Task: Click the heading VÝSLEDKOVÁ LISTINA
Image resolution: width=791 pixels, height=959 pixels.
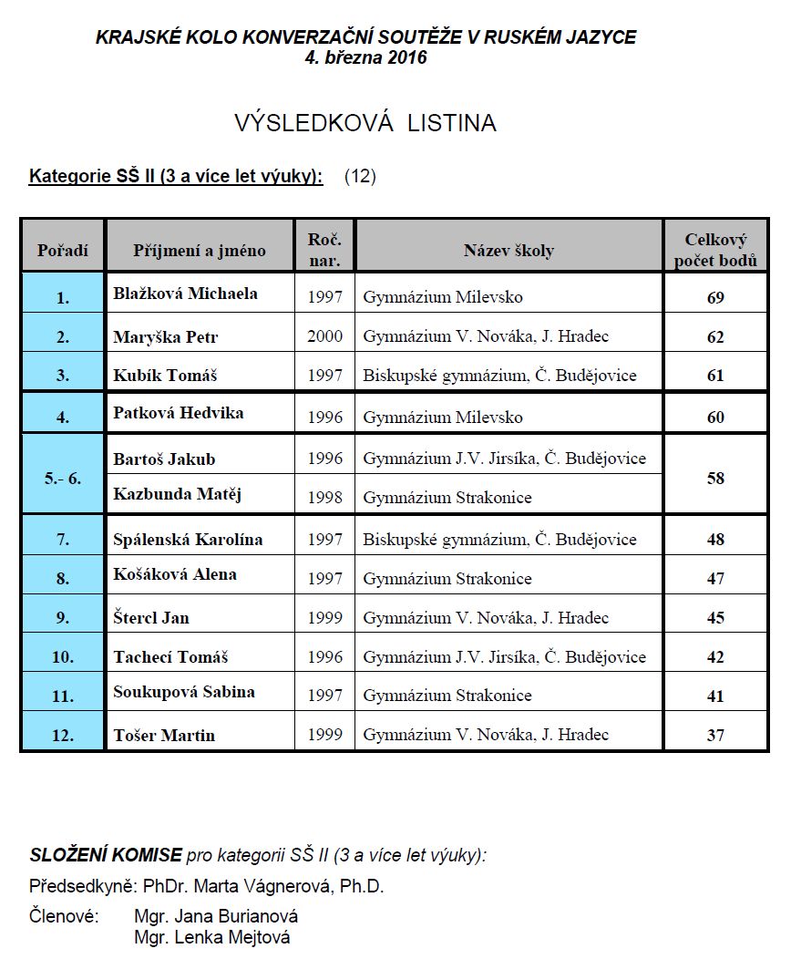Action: click(x=365, y=123)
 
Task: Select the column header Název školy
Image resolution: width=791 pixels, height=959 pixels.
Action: click(x=508, y=251)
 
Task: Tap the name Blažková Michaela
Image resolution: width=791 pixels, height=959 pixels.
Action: click(x=185, y=294)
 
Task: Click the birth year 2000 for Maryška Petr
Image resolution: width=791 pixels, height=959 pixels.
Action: click(x=324, y=336)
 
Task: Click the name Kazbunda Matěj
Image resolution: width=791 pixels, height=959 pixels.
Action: click(x=171, y=494)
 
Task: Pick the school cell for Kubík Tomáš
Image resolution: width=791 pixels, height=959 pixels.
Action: click(x=499, y=376)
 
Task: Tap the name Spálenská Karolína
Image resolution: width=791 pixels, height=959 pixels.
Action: click(x=188, y=539)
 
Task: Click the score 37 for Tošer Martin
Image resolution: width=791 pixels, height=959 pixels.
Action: click(x=715, y=735)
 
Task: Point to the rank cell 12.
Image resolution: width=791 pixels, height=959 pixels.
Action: click(x=63, y=735)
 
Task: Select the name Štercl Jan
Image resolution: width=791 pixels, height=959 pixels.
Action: click(x=151, y=617)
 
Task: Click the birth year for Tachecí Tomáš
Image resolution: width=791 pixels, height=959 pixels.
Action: click(x=324, y=657)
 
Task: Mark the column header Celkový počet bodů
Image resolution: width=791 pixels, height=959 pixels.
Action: click(x=715, y=250)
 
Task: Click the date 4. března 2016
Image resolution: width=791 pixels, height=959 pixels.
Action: click(x=365, y=57)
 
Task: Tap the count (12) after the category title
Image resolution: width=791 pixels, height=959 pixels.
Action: click(x=360, y=176)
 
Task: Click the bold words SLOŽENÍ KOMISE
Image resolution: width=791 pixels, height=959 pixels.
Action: click(x=105, y=855)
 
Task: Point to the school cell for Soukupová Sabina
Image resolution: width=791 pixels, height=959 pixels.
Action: click(x=447, y=696)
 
